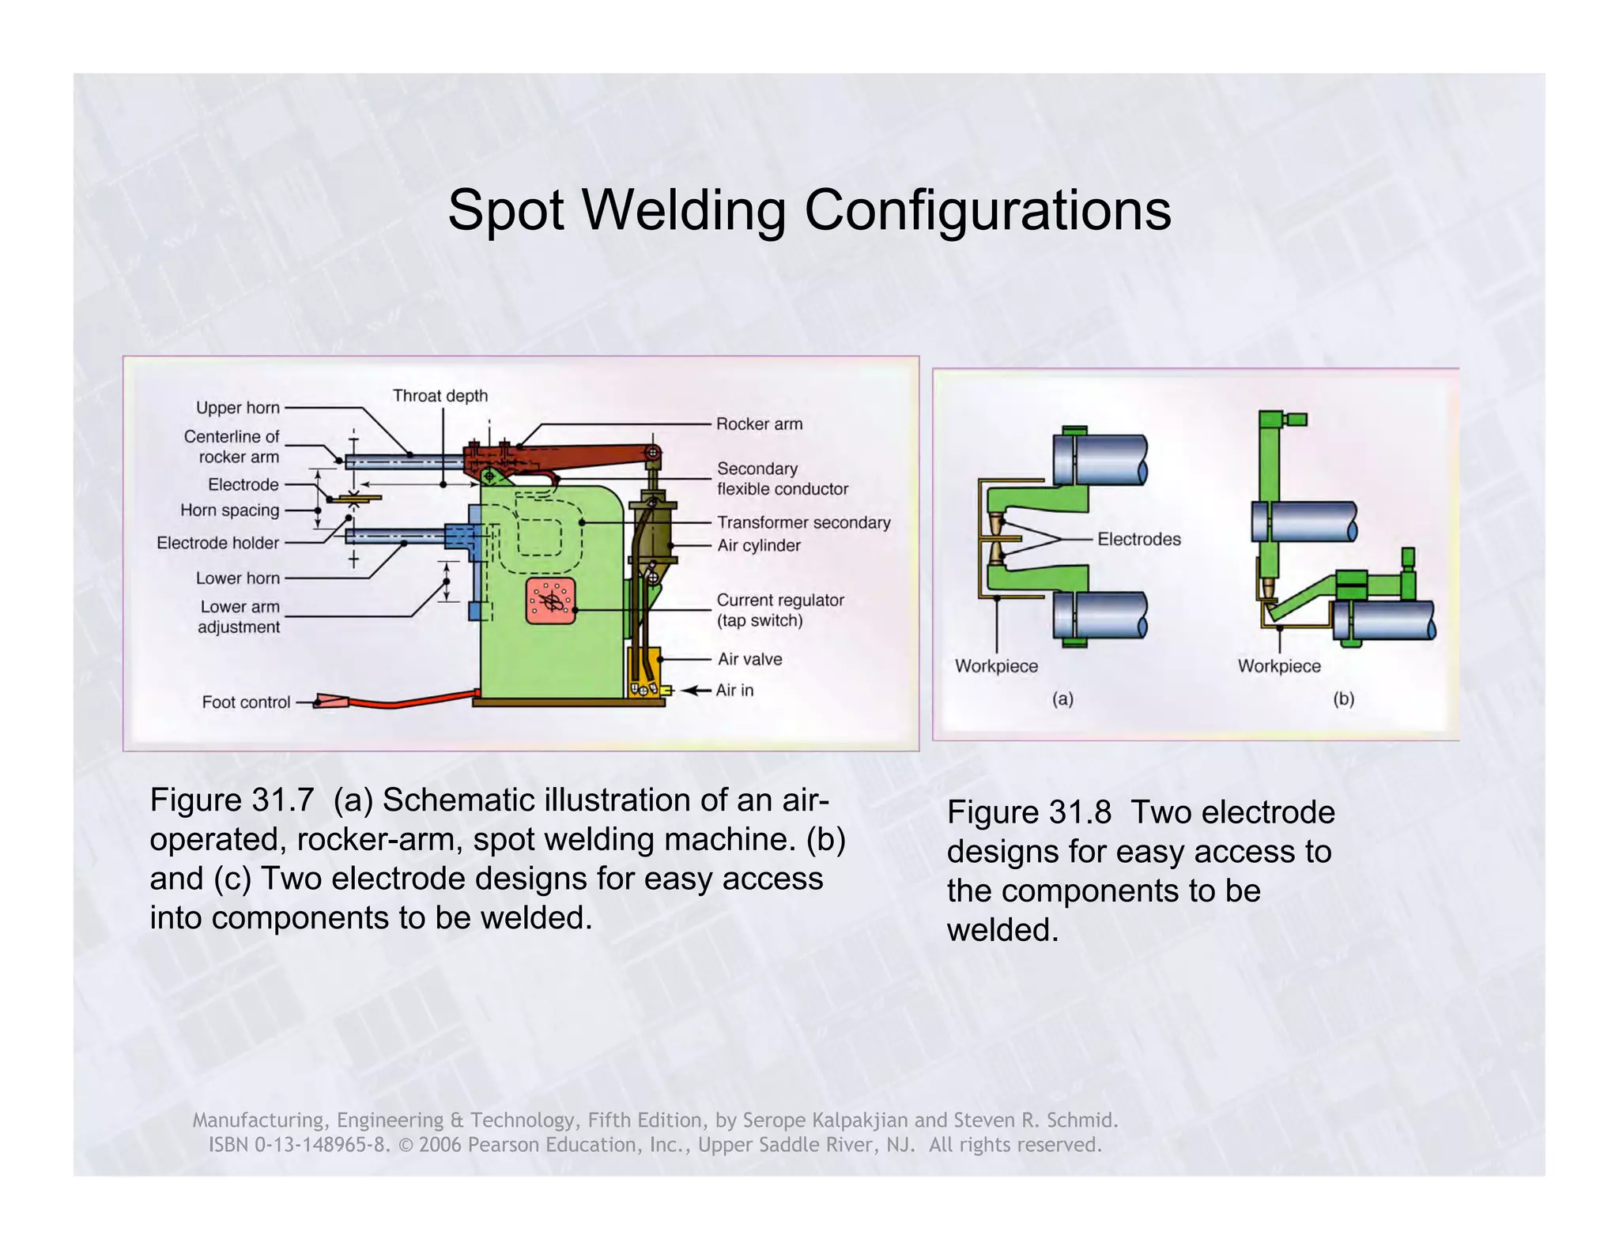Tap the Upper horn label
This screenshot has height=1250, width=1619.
(237, 408)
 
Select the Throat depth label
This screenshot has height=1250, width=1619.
(440, 396)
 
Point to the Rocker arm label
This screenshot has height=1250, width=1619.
(759, 424)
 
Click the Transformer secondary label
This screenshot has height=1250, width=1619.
(803, 522)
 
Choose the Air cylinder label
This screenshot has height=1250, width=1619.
(759, 545)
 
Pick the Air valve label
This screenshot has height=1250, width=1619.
(749, 659)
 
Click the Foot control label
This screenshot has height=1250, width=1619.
(246, 702)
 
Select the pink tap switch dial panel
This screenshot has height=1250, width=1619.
(551, 601)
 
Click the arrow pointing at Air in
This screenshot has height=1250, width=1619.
(696, 691)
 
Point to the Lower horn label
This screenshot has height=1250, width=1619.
(237, 578)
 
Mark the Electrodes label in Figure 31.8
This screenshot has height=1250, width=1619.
(1139, 540)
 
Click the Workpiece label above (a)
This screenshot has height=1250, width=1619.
(996, 666)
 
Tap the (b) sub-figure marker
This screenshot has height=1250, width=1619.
(1343, 699)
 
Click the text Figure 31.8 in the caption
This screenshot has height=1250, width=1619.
(1028, 813)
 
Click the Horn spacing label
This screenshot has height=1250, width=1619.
(229, 510)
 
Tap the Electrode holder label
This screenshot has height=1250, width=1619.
(217, 543)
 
